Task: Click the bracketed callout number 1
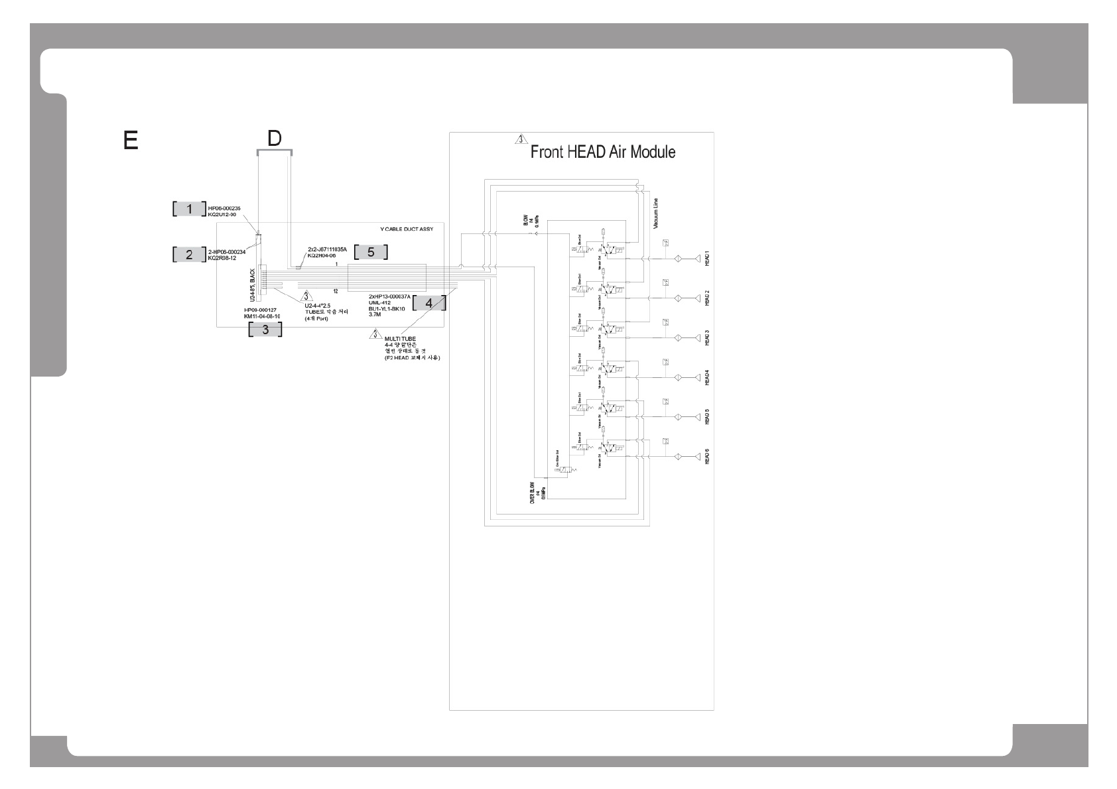coord(190,209)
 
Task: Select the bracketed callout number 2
coord(190,254)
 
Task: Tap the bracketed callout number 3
coord(265,330)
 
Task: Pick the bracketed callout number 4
coord(429,303)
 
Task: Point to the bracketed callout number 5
coord(371,252)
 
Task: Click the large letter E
coord(131,141)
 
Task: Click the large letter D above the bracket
coord(274,139)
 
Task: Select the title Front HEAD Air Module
coord(602,152)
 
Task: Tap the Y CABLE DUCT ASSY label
coord(406,229)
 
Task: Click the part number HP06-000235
coord(224,208)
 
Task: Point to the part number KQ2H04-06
coord(322,255)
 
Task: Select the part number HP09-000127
coord(260,310)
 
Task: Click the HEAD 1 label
coord(707,259)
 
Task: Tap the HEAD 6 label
coord(707,457)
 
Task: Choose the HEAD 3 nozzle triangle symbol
coord(696,338)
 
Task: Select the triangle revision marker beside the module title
coord(521,140)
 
